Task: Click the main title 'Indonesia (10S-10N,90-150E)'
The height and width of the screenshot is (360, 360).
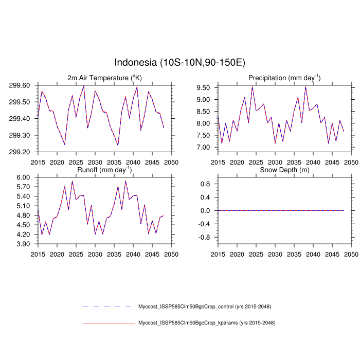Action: (x=179, y=63)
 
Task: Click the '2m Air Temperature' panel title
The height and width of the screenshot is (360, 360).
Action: (x=104, y=78)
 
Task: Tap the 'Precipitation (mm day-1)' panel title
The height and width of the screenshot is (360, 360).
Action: (x=284, y=78)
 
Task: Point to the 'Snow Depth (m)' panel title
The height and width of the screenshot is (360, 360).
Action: (x=284, y=170)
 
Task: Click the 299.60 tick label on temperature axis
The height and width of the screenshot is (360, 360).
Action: (x=20, y=85)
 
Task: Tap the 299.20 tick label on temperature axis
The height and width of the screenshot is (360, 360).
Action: (x=20, y=152)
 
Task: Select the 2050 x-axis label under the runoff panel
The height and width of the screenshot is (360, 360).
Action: (x=171, y=254)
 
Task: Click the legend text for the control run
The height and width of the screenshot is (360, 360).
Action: (x=205, y=307)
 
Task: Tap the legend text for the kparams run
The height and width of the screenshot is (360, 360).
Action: (x=207, y=323)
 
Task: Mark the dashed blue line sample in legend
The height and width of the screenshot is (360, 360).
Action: (x=107, y=307)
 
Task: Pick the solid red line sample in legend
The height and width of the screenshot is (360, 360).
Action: (x=107, y=323)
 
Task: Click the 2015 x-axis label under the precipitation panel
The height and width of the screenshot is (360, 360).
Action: (x=218, y=162)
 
